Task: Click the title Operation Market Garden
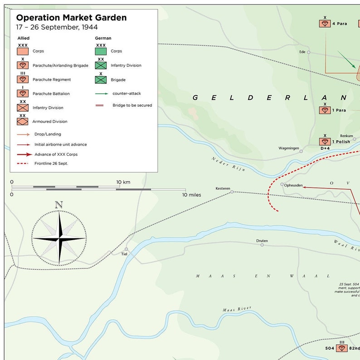72,18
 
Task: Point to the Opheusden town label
293,185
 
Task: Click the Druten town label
262,241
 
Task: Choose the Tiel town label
124,254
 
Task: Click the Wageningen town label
289,148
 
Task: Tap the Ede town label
302,52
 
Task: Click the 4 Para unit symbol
325,24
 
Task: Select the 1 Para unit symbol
325,110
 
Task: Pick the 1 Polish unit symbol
325,142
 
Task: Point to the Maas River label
237,309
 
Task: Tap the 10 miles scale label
192,195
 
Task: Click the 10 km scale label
123,182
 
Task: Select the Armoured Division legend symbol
23,122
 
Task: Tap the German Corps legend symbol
101,51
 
